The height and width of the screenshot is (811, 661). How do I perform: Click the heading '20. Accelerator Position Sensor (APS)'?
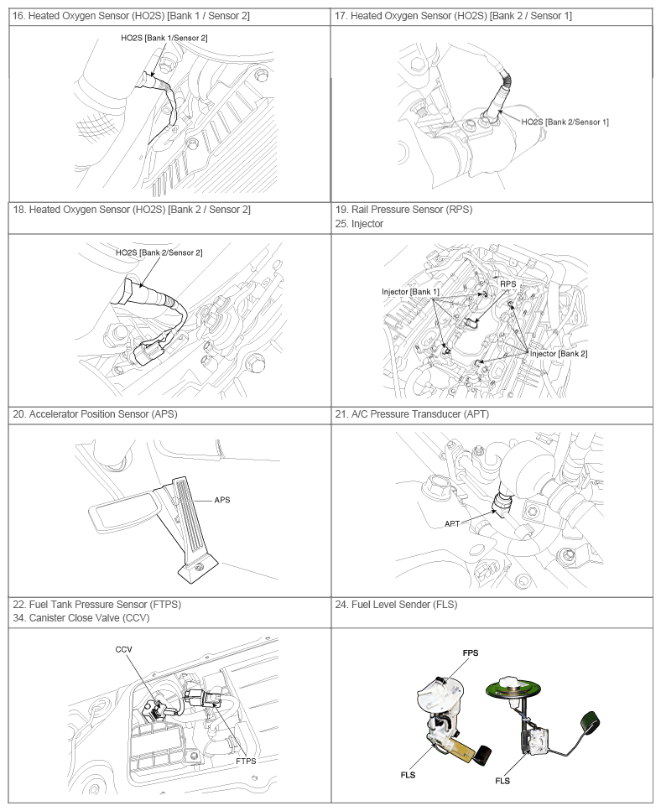95,414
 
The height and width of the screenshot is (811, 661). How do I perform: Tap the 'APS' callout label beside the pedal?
222,500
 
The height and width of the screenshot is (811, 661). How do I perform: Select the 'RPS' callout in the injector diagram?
508,284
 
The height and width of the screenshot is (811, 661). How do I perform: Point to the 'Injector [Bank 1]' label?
410,292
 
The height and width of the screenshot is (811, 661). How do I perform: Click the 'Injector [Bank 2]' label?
559,354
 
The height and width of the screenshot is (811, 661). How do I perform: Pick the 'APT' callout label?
453,524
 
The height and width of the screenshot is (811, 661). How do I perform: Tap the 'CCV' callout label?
124,650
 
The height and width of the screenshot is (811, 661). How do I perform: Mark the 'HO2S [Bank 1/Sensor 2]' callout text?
165,39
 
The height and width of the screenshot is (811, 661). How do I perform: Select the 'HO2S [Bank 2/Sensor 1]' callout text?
565,122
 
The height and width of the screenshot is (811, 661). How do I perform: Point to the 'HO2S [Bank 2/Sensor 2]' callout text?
159,252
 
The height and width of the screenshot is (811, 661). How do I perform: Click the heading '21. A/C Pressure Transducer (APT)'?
412,414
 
